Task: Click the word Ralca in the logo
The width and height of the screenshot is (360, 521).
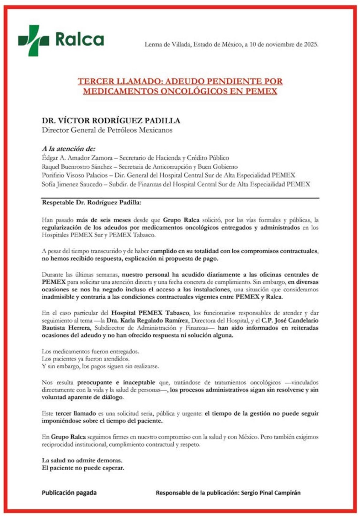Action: [x=79, y=39]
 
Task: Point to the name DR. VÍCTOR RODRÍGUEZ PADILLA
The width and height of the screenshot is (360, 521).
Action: [x=111, y=120]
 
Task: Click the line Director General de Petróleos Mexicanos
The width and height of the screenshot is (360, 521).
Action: [x=107, y=130]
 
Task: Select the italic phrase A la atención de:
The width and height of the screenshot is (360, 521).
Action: [x=69, y=149]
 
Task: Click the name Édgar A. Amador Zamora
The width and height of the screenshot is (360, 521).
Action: [x=77, y=158]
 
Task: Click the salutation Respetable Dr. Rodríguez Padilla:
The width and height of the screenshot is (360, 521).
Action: [x=91, y=203]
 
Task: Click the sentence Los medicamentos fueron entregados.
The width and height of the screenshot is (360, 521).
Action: [x=90, y=351]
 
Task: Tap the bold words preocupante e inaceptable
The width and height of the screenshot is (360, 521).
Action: [x=118, y=382]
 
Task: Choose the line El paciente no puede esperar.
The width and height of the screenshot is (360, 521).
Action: [x=83, y=468]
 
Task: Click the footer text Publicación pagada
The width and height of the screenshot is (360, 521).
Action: [x=69, y=493]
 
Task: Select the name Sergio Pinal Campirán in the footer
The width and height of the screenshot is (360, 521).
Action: [x=271, y=493]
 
